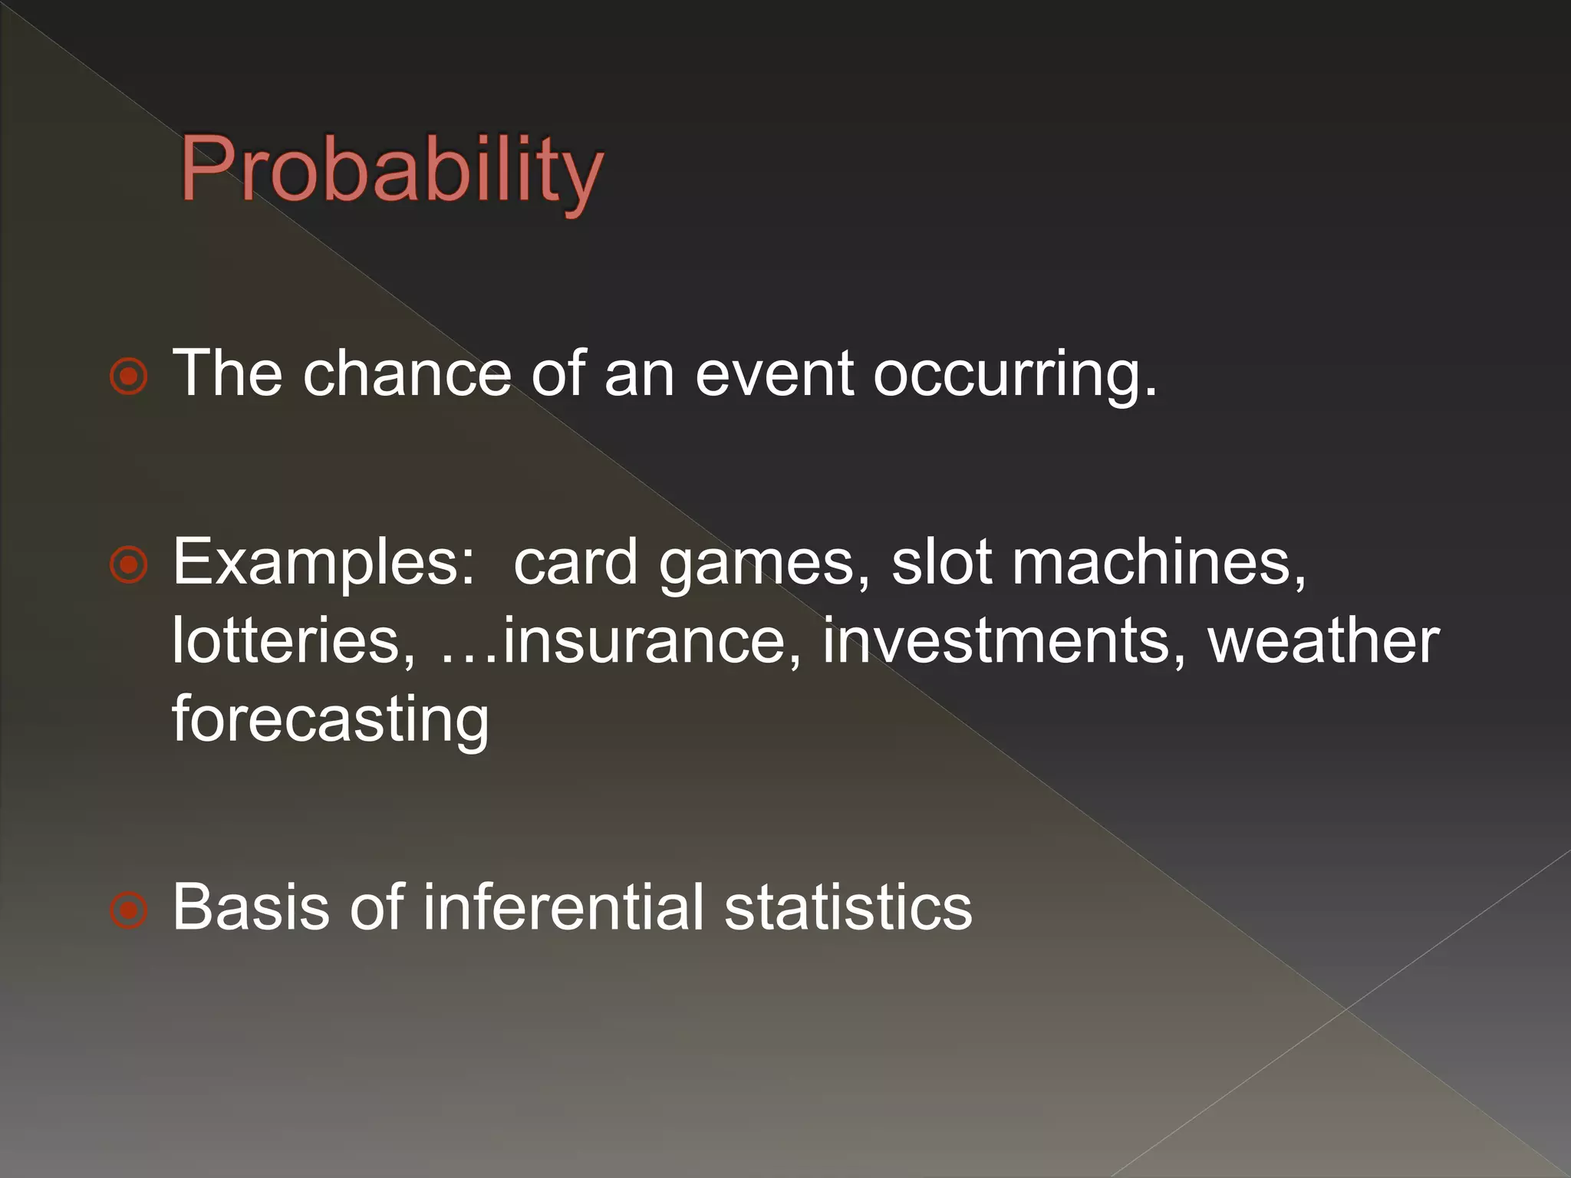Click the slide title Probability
pyautogui.click(x=391, y=170)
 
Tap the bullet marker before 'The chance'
pyautogui.click(x=128, y=376)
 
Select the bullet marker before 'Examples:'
pyautogui.click(x=128, y=565)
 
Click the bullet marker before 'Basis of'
pyautogui.click(x=128, y=910)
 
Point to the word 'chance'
pyautogui.click(x=407, y=373)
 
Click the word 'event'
pyautogui.click(x=774, y=373)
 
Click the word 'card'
pyautogui.click(x=575, y=562)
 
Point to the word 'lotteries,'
pyautogui.click(x=294, y=640)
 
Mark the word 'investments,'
pyautogui.click(x=1004, y=640)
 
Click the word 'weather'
pyautogui.click(x=1324, y=640)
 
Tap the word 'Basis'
pyautogui.click(x=249, y=907)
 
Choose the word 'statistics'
pyautogui.click(x=848, y=907)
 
